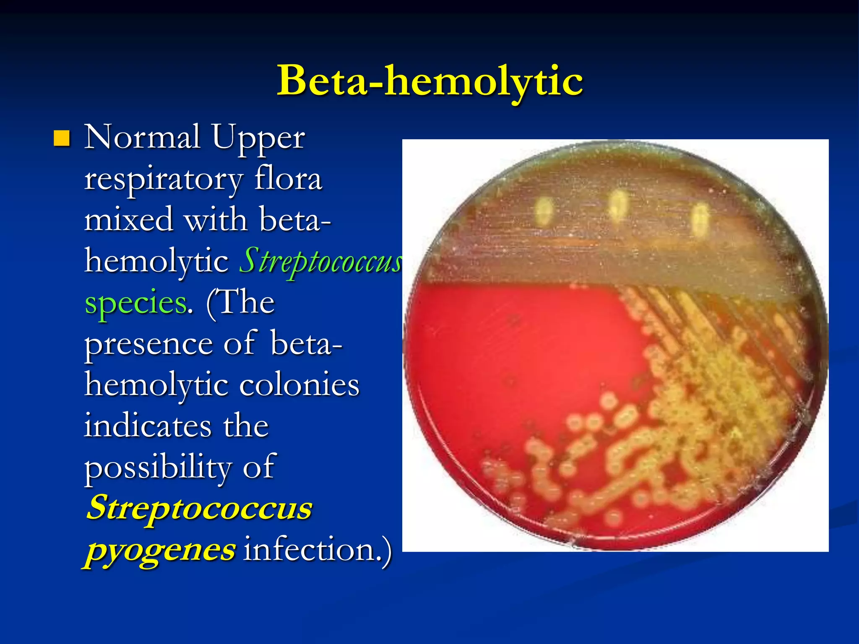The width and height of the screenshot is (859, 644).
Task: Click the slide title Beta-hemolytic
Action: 429,80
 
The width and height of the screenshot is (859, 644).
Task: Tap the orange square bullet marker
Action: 62,138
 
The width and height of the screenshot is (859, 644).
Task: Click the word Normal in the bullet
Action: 142,137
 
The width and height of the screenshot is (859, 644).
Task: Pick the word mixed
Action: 128,219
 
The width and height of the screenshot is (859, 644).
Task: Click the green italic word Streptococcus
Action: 321,261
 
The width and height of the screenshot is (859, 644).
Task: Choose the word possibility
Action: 157,467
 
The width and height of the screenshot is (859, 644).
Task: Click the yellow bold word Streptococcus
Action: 199,507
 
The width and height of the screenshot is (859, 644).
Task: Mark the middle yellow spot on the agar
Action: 618,205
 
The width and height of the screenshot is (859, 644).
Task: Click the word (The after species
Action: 240,302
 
